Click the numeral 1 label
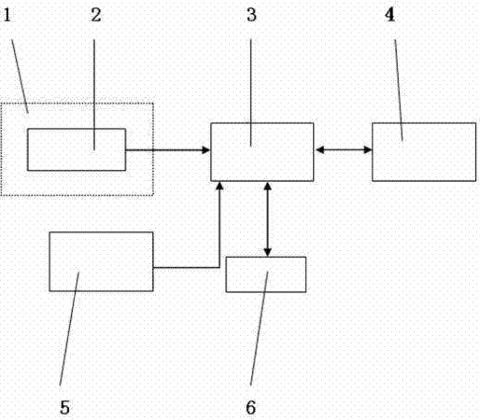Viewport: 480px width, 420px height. pyautogui.click(x=7, y=15)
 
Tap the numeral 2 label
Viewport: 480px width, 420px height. pyautogui.click(x=96, y=15)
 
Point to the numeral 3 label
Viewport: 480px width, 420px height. pyautogui.click(x=251, y=15)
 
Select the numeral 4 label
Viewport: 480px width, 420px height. pyautogui.click(x=389, y=15)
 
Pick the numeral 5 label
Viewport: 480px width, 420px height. pyautogui.click(x=64, y=408)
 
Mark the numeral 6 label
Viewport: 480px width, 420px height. pyautogui.click(x=251, y=408)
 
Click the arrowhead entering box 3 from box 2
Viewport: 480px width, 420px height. pyautogui.click(x=206, y=150)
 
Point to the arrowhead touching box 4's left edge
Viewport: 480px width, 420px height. pyautogui.click(x=368, y=150)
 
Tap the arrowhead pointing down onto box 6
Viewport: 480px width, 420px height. pyautogui.click(x=268, y=252)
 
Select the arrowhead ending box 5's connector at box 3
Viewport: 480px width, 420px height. pyautogui.click(x=219, y=186)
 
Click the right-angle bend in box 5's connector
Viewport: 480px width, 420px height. pyautogui.click(x=219, y=267)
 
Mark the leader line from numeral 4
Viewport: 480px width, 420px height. pyautogui.click(x=399, y=91)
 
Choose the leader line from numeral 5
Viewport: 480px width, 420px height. pyautogui.click(x=69, y=329)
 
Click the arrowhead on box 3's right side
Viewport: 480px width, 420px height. pyautogui.click(x=320, y=150)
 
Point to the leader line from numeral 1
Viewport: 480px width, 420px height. pyautogui.click(x=20, y=77)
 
